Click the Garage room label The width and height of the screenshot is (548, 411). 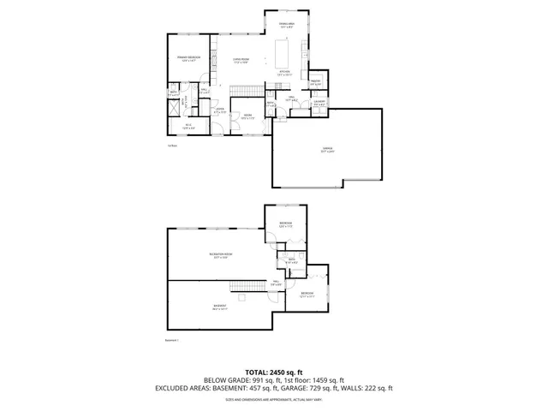(x=328, y=148)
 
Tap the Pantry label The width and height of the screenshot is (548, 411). (x=315, y=82)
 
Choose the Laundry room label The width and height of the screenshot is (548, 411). (x=319, y=103)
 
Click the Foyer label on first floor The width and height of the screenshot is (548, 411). (x=219, y=110)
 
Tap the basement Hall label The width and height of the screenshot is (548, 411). (x=276, y=283)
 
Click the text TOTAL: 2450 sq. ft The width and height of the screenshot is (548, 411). (x=273, y=372)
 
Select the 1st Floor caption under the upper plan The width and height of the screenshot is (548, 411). (x=171, y=146)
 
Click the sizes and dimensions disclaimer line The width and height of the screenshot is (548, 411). (x=273, y=399)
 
